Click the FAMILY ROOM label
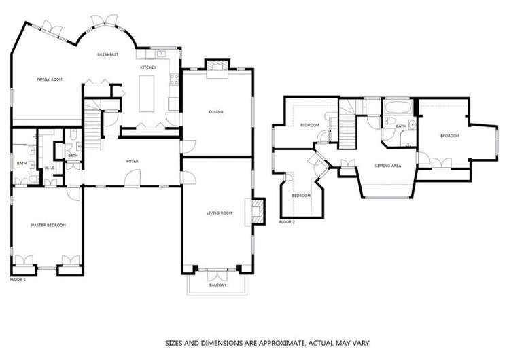tap(49, 79)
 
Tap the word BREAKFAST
tap(108, 54)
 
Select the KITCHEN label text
tap(148, 67)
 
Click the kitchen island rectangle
tap(148, 93)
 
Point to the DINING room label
tap(216, 111)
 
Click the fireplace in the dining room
tap(217, 65)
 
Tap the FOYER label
tap(133, 161)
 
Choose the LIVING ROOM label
tap(219, 213)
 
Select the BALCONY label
tap(217, 285)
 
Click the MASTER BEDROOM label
tap(48, 224)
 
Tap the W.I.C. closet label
tap(50, 168)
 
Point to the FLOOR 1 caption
tap(18, 279)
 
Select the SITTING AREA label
tap(388, 165)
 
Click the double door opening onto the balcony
tap(217, 274)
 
